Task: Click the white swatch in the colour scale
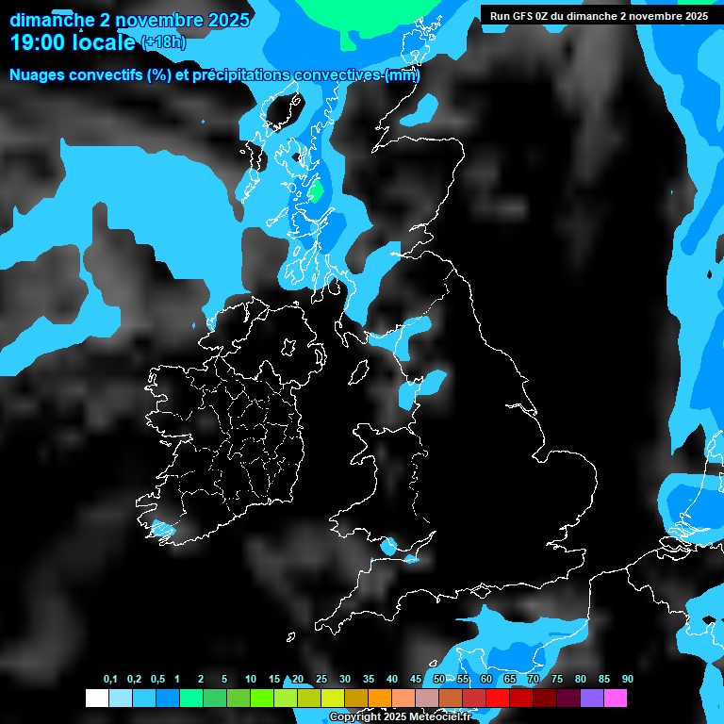pyautogui.click(x=96, y=698)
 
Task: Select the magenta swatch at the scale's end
pyautogui.click(x=616, y=698)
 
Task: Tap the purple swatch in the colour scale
pyautogui.click(x=592, y=698)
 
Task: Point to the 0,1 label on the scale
pyautogui.click(x=110, y=680)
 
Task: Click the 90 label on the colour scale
pyautogui.click(x=627, y=680)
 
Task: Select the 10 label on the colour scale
pyautogui.click(x=250, y=680)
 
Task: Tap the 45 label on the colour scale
pyautogui.click(x=416, y=680)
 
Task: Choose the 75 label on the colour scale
pyautogui.click(x=557, y=680)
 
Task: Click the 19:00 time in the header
pyautogui.click(x=39, y=41)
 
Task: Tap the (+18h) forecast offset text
pyautogui.click(x=163, y=42)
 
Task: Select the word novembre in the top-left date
pyautogui.click(x=156, y=20)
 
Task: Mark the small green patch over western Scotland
pyautogui.click(x=317, y=191)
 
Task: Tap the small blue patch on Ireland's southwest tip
pyautogui.click(x=162, y=530)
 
